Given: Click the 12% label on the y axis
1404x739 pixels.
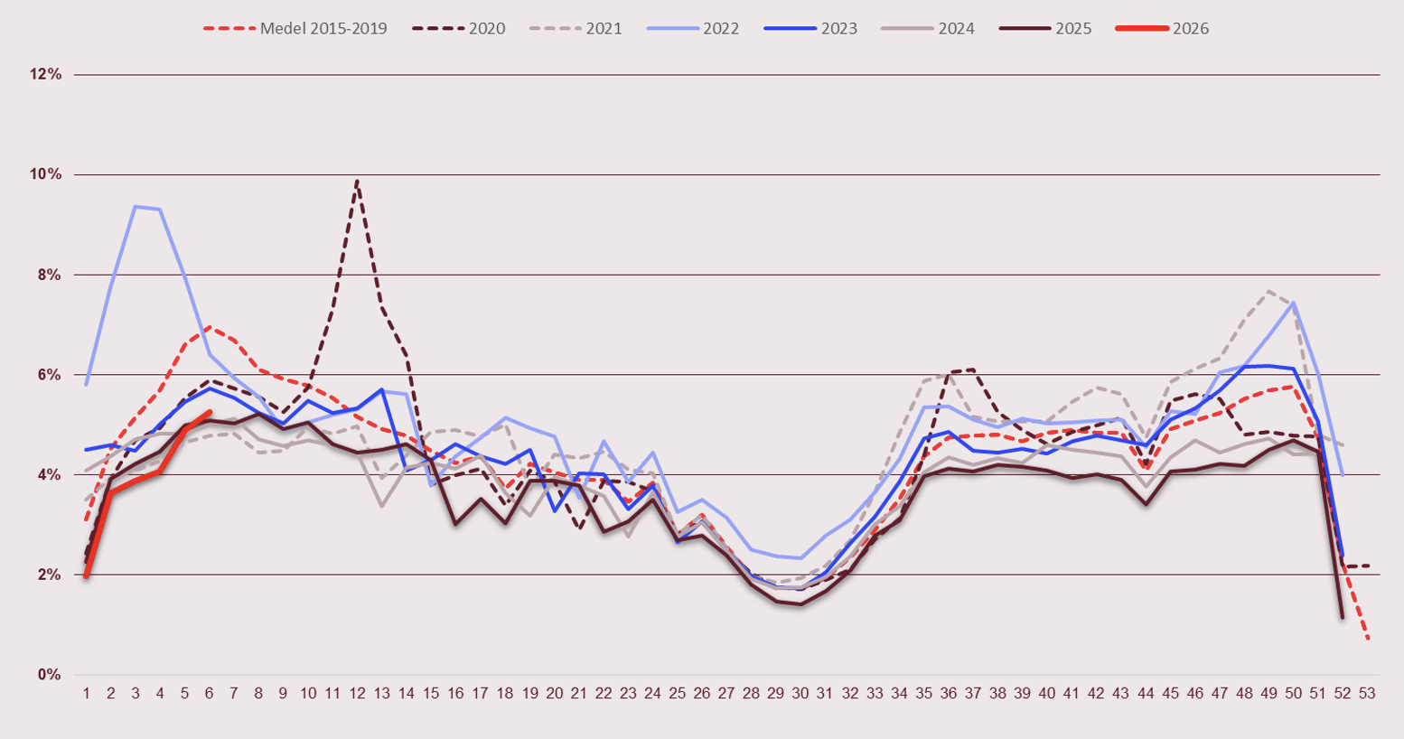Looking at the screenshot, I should pos(45,75).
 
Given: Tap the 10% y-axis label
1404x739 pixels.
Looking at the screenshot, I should pos(45,174).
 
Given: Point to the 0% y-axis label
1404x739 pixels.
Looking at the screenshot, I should pos(49,675).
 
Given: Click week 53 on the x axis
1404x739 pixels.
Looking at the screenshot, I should pos(1367,694).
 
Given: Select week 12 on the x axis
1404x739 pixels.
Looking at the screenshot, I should pos(357,694).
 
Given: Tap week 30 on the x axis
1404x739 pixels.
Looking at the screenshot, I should pos(800,694).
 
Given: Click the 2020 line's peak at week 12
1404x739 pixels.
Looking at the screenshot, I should pos(357,181).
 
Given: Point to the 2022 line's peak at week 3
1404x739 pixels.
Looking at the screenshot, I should pos(136,206).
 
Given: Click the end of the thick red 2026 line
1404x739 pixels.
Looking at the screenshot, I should pos(210,412).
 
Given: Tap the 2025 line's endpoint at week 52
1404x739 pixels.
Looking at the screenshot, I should pos(1343,617).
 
